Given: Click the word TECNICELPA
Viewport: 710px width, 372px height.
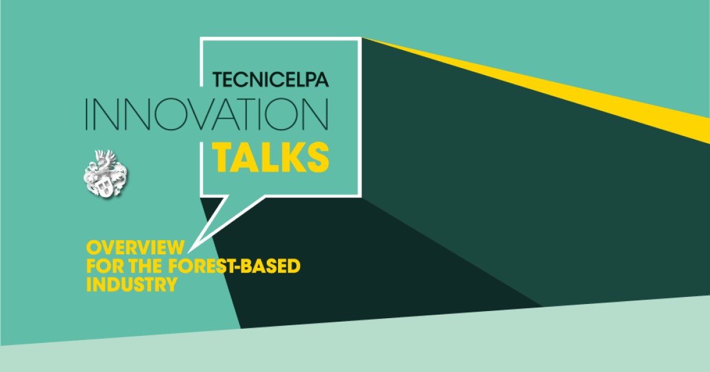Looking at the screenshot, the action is click(271, 79).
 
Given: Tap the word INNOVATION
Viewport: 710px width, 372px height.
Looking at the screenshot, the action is click(207, 114).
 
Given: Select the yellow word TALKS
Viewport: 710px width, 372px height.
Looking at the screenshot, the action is click(271, 157).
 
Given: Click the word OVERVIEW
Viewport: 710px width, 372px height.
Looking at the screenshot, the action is click(135, 247).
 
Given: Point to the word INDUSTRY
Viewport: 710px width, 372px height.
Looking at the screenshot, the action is click(132, 284).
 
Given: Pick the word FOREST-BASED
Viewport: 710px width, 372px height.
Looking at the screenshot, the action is click(234, 266).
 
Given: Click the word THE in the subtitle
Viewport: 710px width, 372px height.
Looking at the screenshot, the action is click(146, 266).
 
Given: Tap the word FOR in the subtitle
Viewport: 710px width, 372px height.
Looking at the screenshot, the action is click(105, 266).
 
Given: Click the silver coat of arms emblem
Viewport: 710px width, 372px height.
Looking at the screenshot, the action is click(105, 174).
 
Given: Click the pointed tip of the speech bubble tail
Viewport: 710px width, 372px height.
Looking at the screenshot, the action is click(189, 252).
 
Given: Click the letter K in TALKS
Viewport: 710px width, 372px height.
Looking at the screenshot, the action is click(291, 157).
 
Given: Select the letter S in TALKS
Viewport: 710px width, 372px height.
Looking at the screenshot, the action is click(318, 157).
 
